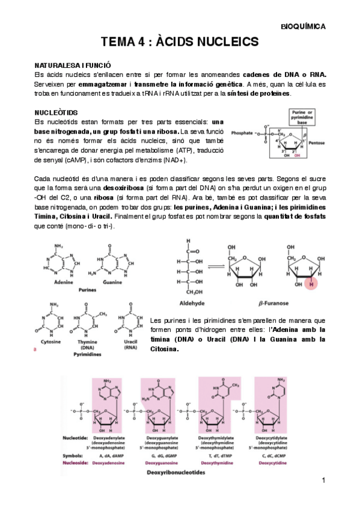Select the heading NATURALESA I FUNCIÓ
(72, 64)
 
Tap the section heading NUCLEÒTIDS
(56, 112)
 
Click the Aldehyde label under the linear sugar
(187, 304)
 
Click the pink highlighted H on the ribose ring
(311, 283)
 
